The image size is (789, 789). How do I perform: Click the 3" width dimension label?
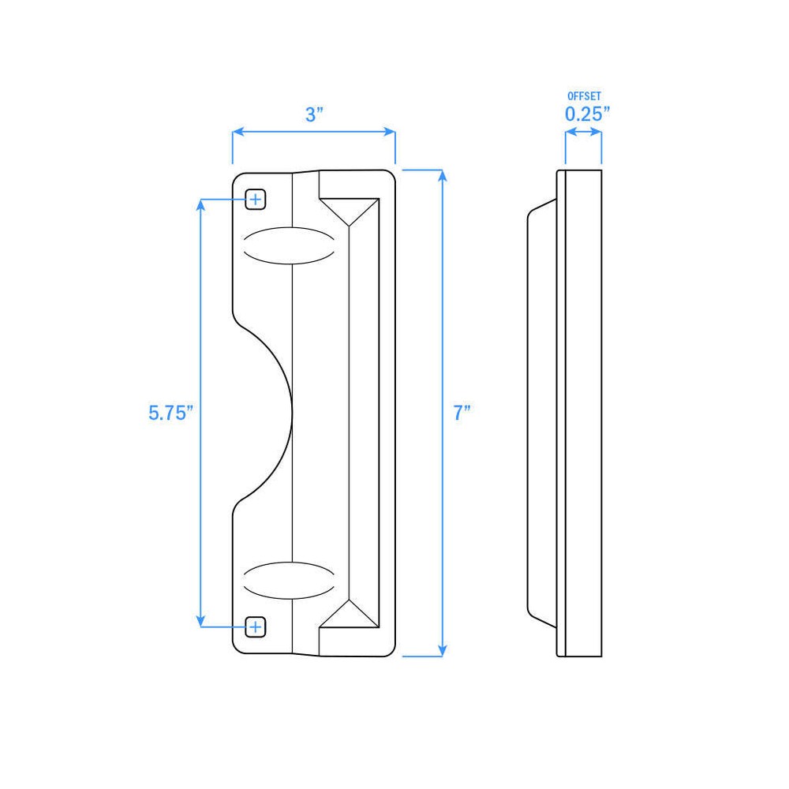(x=315, y=114)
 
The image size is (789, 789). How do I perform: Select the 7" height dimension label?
(x=462, y=412)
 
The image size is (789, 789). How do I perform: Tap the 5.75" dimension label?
(x=170, y=412)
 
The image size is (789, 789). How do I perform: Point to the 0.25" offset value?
(x=587, y=114)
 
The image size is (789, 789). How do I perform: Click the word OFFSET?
(x=584, y=95)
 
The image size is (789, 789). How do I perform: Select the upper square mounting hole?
(x=255, y=200)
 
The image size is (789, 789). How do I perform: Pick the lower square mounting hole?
(x=255, y=626)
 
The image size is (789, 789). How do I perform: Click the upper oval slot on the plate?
(x=286, y=245)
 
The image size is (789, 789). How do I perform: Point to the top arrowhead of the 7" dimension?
(x=442, y=176)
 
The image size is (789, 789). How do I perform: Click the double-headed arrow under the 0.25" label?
(x=584, y=133)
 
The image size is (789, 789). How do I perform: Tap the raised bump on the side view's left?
(x=541, y=413)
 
